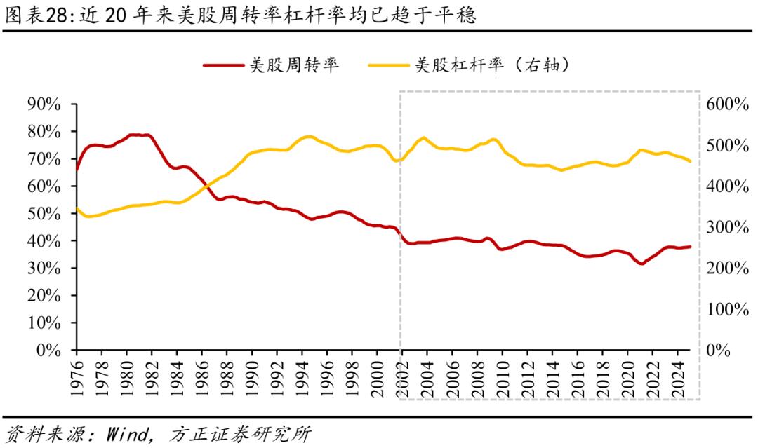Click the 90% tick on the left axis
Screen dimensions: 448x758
click(x=44, y=104)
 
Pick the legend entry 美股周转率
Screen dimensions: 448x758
click(x=295, y=65)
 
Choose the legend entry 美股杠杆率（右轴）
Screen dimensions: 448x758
click(x=492, y=65)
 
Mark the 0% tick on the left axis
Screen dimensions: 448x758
click(x=49, y=351)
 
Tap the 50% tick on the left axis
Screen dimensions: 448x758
click(x=44, y=214)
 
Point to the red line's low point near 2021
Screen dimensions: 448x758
click(x=641, y=264)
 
